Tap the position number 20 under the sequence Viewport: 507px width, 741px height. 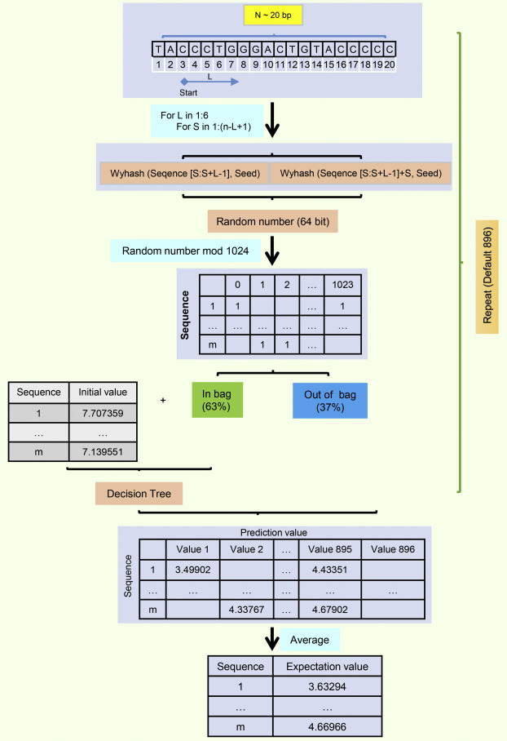click(390, 64)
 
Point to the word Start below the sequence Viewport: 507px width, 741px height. click(188, 92)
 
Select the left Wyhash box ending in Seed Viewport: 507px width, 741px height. click(184, 174)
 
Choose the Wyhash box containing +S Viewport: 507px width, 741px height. click(359, 174)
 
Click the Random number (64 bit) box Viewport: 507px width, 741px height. click(273, 222)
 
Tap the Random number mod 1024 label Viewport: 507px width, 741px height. click(186, 251)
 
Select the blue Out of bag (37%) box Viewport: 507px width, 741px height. click(330, 401)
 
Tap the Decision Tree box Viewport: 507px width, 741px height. click(139, 494)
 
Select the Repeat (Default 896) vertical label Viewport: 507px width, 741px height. click(487, 264)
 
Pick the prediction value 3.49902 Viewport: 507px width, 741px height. click(192, 570)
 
